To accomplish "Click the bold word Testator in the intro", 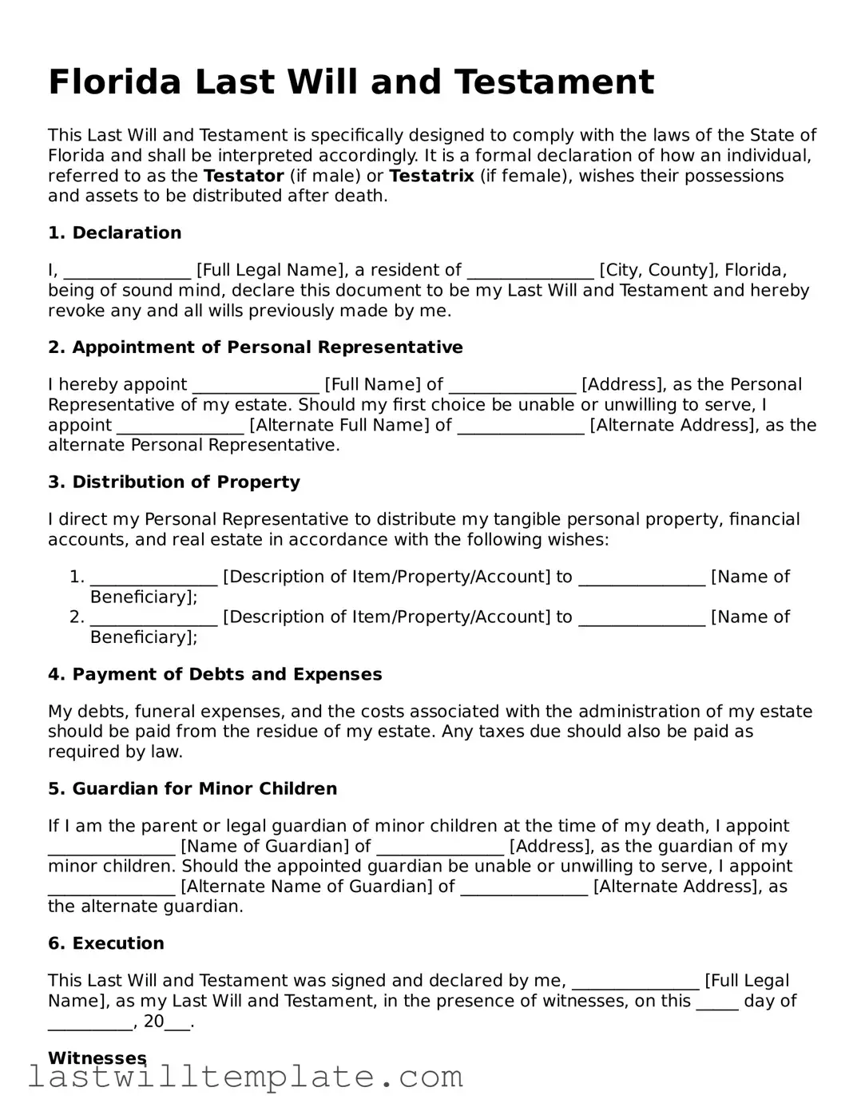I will tap(244, 176).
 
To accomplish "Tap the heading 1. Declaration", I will tap(115, 233).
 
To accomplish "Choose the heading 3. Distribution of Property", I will tap(174, 482).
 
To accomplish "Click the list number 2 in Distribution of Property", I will tap(76, 617).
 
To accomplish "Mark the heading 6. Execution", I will tap(106, 943).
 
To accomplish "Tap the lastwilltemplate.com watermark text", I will tap(245, 1077).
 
